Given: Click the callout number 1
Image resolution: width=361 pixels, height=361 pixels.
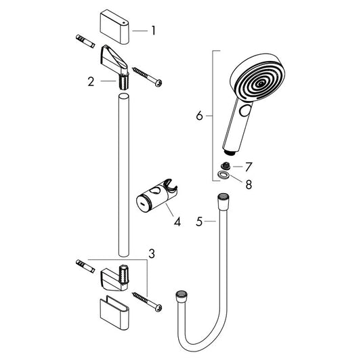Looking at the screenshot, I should click(154, 30).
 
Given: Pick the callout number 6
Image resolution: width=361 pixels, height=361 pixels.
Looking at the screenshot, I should click(200, 116).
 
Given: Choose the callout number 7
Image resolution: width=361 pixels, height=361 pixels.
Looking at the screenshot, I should click(249, 166).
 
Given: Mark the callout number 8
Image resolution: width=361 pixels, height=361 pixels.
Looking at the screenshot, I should click(249, 184).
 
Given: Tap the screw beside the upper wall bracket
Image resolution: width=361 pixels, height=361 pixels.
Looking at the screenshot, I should click(148, 76).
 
